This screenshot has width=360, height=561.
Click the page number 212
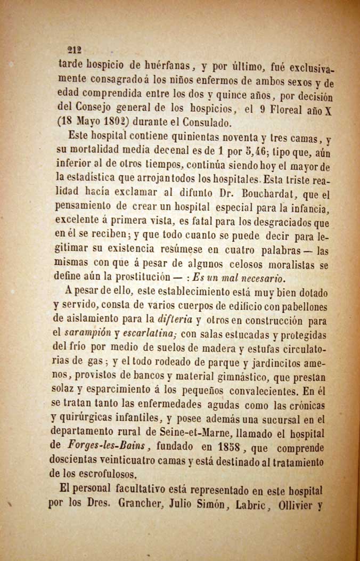point(72,51)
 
